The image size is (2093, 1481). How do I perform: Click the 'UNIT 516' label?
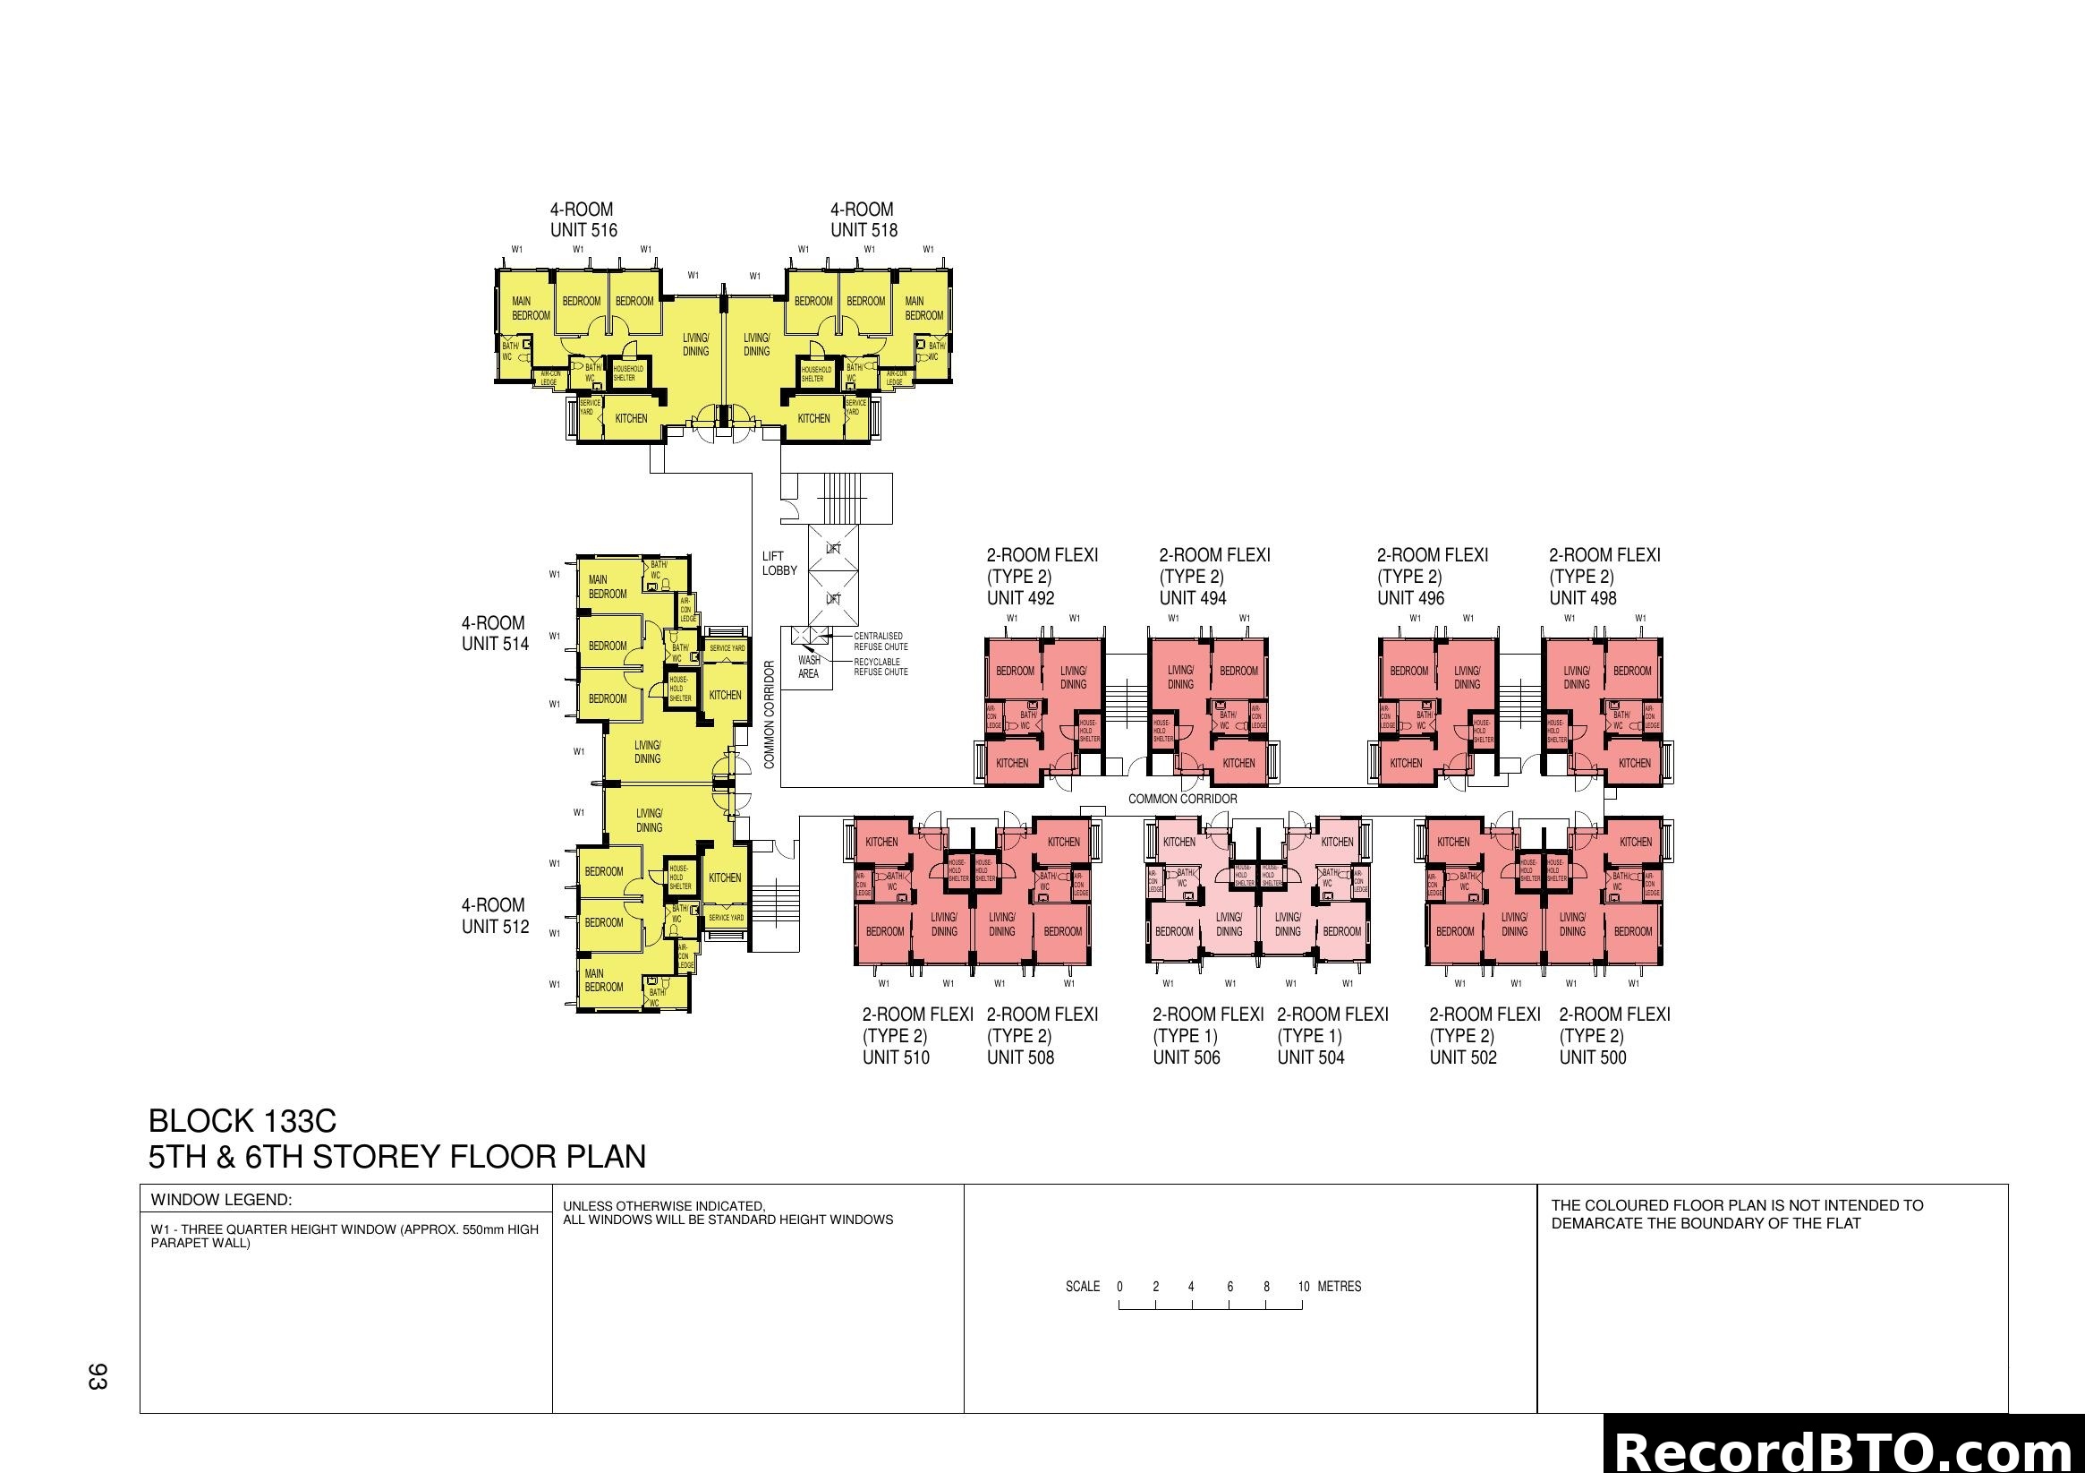[x=583, y=231]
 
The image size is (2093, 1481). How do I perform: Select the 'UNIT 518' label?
[x=864, y=231]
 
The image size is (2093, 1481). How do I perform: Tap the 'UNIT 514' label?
[x=495, y=644]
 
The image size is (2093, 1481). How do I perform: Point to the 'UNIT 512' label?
[x=495, y=927]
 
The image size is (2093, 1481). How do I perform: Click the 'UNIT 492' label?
[x=1020, y=598]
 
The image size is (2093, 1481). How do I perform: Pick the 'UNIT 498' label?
[x=1583, y=598]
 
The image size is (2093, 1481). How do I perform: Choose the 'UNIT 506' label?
[x=1186, y=1057]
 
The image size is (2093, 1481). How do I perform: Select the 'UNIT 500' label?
[x=1593, y=1057]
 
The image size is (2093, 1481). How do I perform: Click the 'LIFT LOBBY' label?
[x=779, y=563]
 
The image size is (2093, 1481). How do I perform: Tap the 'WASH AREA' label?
[x=809, y=667]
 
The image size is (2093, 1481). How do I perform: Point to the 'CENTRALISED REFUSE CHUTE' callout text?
[x=881, y=641]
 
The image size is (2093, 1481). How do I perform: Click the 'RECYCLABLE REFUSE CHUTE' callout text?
[x=881, y=667]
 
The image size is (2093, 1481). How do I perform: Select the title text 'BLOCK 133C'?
[x=242, y=1121]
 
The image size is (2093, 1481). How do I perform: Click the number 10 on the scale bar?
[x=1304, y=1287]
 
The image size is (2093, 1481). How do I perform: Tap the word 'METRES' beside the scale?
[x=1340, y=1287]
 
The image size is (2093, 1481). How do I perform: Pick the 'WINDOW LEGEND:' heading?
[x=222, y=1200]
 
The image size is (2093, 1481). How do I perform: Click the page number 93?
[x=98, y=1376]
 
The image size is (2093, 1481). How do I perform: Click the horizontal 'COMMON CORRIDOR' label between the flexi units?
[x=1182, y=799]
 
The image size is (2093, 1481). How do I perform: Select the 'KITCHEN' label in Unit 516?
[x=631, y=418]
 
